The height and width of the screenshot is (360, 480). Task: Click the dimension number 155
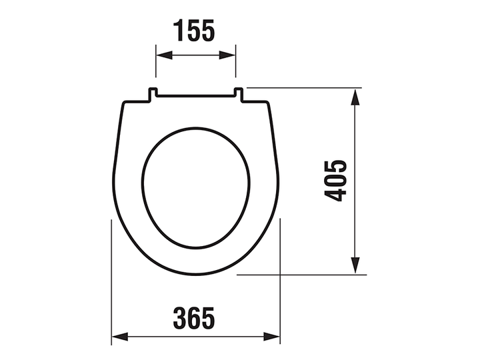pos(194,30)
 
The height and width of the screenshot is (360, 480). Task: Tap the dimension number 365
pos(194,318)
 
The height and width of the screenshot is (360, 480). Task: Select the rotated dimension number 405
pos(335,181)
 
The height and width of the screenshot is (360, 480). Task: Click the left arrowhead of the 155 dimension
pos(165,55)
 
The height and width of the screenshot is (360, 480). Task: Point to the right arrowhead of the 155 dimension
pos(227,55)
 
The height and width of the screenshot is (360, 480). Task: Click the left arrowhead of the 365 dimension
pos(120,337)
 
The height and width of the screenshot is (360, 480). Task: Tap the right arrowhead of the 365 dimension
pos(272,337)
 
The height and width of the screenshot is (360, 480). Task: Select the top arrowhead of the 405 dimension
pos(355,97)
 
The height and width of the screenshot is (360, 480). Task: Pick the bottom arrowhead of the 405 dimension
pos(355,265)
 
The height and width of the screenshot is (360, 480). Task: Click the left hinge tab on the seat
pos(153,94)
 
